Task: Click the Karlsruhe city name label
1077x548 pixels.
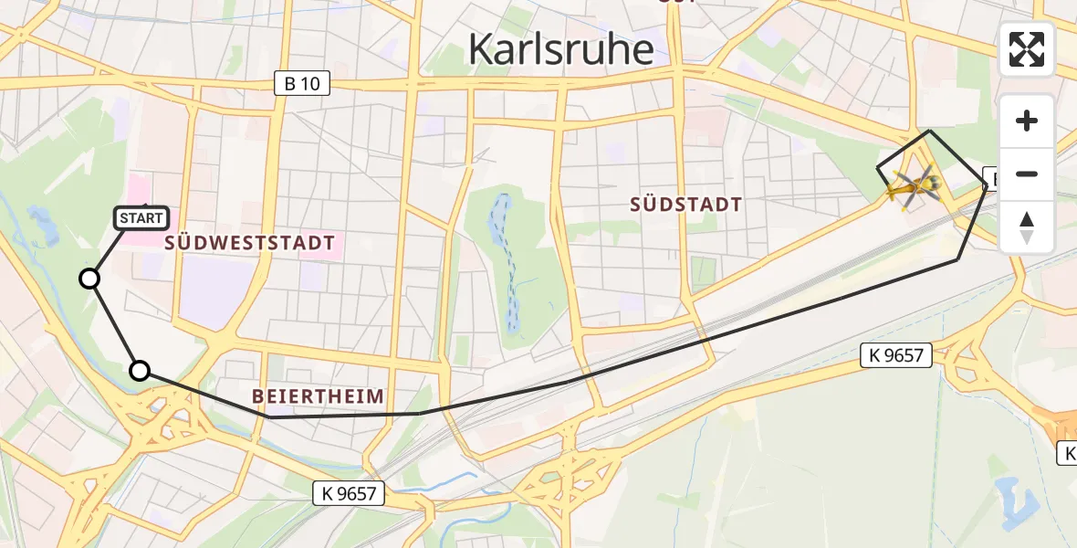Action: (x=560, y=49)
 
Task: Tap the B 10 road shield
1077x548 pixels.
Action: (x=301, y=84)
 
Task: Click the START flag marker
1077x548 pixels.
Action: (x=141, y=217)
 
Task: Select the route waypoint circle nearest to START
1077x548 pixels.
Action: (x=89, y=279)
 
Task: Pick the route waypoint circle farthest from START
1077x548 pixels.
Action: (x=139, y=370)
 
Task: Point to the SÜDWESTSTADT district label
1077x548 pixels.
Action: (x=250, y=244)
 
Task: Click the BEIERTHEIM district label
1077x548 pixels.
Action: (x=318, y=395)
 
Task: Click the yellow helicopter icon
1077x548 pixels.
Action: (x=913, y=187)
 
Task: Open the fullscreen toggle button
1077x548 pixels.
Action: (x=1027, y=49)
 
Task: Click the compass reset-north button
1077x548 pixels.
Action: (x=1027, y=227)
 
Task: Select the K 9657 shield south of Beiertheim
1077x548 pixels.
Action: (x=349, y=494)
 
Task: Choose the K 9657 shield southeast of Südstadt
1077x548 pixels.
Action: (x=896, y=355)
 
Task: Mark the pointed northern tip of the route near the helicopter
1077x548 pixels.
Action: (x=929, y=132)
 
